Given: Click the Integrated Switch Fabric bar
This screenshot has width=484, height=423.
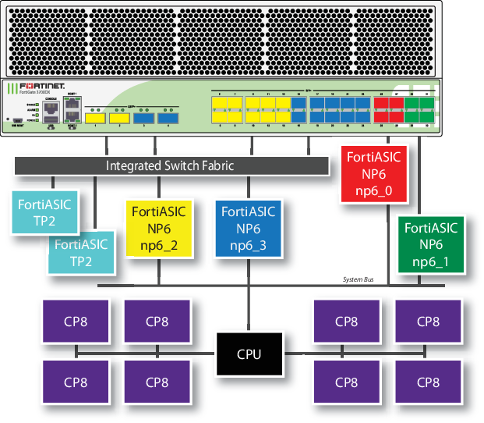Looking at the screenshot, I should (x=171, y=165).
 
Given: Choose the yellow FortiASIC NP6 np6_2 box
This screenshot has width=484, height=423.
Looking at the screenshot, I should (x=159, y=228).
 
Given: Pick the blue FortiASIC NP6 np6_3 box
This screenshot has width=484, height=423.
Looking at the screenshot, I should (x=248, y=228).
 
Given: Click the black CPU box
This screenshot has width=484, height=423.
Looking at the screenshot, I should (x=249, y=354).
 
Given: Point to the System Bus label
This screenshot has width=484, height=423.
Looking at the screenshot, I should (x=359, y=279).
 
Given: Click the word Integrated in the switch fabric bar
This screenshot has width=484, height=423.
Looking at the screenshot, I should (x=133, y=165).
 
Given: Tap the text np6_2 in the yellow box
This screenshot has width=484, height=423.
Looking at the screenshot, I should (x=159, y=245).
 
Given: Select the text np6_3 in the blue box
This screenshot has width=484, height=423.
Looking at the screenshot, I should (x=248, y=245).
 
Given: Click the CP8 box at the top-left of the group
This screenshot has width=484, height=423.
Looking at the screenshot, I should (x=76, y=321).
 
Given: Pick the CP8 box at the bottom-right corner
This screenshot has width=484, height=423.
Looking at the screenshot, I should (x=428, y=382).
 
